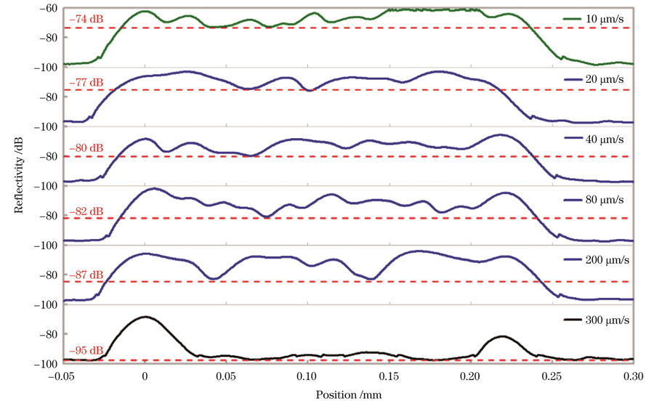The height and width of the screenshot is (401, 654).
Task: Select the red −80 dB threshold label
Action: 86,149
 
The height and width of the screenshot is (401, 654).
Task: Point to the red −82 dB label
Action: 86,211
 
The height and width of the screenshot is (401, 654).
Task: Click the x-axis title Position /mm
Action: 349,393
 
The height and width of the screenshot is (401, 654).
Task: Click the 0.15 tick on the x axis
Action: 389,377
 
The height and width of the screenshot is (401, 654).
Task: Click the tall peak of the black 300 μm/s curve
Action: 145,317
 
